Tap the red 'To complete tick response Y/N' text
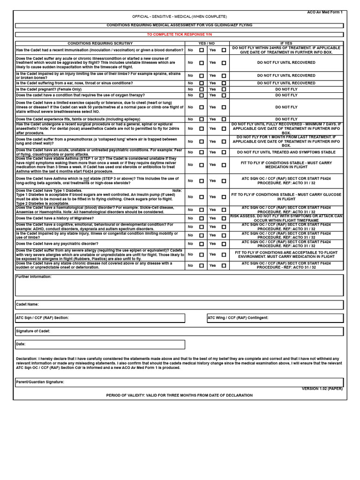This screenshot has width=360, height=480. click(179, 35)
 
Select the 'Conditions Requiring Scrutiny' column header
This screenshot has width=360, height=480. click(100, 44)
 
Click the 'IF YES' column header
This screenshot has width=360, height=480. click(286, 44)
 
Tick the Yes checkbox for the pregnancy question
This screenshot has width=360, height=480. click(224, 89)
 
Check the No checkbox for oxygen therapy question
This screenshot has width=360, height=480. click(202, 95)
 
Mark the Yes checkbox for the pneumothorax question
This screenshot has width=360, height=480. click(224, 142)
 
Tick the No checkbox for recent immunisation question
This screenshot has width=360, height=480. click(202, 50)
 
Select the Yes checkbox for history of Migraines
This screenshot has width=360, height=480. click(224, 218)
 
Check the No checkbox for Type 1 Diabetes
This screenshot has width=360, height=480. click(202, 197)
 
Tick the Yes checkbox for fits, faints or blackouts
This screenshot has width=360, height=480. click(224, 120)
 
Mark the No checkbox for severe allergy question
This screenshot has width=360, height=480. click(202, 255)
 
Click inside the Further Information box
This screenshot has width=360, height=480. click(179, 287)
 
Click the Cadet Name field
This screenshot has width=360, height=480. click(179, 305)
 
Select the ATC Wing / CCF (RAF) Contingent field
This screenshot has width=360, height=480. click(275, 318)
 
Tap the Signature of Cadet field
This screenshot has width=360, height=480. click(179, 331)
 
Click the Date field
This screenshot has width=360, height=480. click(100, 345)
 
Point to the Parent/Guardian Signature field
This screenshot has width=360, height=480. click(179, 382)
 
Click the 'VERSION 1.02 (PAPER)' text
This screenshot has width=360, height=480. click(322, 389)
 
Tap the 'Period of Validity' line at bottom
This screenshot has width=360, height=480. click(179, 396)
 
